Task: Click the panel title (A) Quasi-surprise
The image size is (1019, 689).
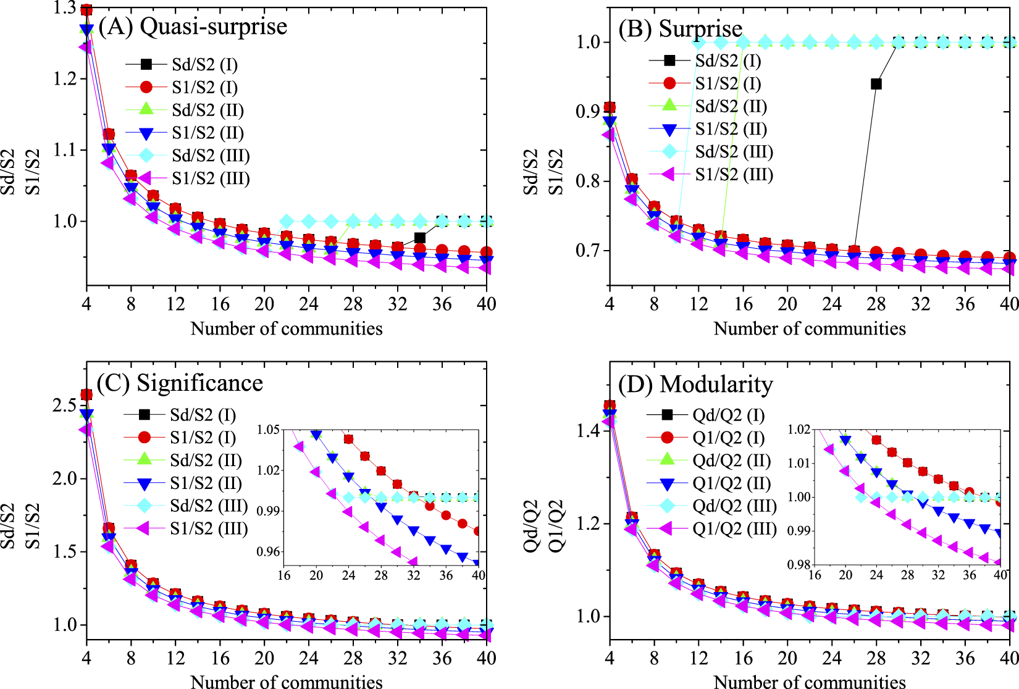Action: coord(193,27)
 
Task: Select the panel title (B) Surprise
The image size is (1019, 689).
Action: coord(681,29)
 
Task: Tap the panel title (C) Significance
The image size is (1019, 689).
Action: coord(180,383)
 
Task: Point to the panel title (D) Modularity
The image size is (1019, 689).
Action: coord(696,385)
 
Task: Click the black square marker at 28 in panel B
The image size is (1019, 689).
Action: coord(876,84)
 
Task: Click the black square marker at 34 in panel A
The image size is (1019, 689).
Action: coord(420,238)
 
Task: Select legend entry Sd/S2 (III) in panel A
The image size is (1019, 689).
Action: coord(211,156)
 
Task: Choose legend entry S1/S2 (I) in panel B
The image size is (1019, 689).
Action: coord(728,83)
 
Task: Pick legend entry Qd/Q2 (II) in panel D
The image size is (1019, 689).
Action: coord(731,461)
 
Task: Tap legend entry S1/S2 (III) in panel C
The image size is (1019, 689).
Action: coord(209,528)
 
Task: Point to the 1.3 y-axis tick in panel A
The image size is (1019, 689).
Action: coord(64,8)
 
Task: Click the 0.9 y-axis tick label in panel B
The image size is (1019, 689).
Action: coord(588,112)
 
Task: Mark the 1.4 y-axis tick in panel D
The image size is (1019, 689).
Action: coord(588,431)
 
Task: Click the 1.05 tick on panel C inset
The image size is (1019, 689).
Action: coord(268,430)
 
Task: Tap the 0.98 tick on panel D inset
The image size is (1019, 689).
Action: coord(799,564)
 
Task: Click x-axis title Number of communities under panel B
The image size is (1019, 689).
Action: coord(810,328)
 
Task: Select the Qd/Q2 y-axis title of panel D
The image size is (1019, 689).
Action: coord(531,526)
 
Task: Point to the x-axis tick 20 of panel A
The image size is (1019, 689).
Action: coord(264,304)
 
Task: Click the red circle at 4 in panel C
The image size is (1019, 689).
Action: coord(86,395)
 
